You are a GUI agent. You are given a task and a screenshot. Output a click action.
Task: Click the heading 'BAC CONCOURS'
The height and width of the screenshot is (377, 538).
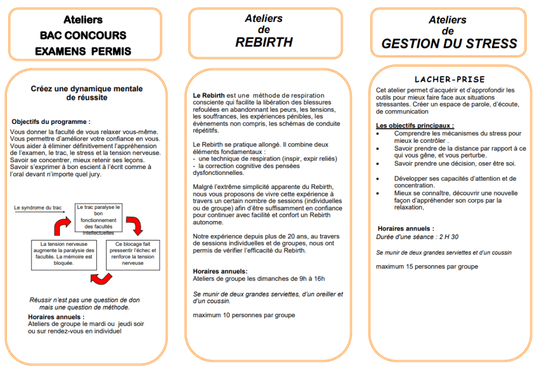(x=83, y=36)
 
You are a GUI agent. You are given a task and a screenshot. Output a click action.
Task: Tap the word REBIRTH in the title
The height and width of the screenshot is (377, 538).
(x=264, y=43)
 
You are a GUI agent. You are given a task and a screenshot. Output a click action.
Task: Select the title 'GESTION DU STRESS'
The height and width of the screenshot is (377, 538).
(x=449, y=44)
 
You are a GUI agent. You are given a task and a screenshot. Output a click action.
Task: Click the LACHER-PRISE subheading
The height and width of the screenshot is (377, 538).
(x=450, y=80)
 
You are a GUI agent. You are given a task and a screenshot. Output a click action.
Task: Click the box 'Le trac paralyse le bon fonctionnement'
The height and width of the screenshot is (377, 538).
(x=98, y=218)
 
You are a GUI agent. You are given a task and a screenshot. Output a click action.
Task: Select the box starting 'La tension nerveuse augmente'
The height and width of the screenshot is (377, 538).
(x=63, y=254)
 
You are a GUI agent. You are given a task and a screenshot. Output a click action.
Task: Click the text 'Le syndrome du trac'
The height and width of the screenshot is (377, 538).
(x=37, y=207)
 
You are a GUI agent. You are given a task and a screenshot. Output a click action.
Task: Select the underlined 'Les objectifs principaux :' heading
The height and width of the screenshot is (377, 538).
(x=415, y=125)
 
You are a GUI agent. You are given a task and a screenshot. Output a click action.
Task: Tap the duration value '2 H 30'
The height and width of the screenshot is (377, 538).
(x=448, y=237)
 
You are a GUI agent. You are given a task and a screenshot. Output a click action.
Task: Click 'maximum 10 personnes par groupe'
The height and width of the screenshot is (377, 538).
(x=244, y=315)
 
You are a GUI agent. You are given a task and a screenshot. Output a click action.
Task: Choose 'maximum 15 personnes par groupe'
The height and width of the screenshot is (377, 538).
(x=427, y=266)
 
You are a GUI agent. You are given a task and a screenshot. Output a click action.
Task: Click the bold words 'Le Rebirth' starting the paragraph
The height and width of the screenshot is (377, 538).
(x=208, y=95)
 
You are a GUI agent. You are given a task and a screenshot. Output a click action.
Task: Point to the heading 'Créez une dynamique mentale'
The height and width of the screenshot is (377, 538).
(x=86, y=89)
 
